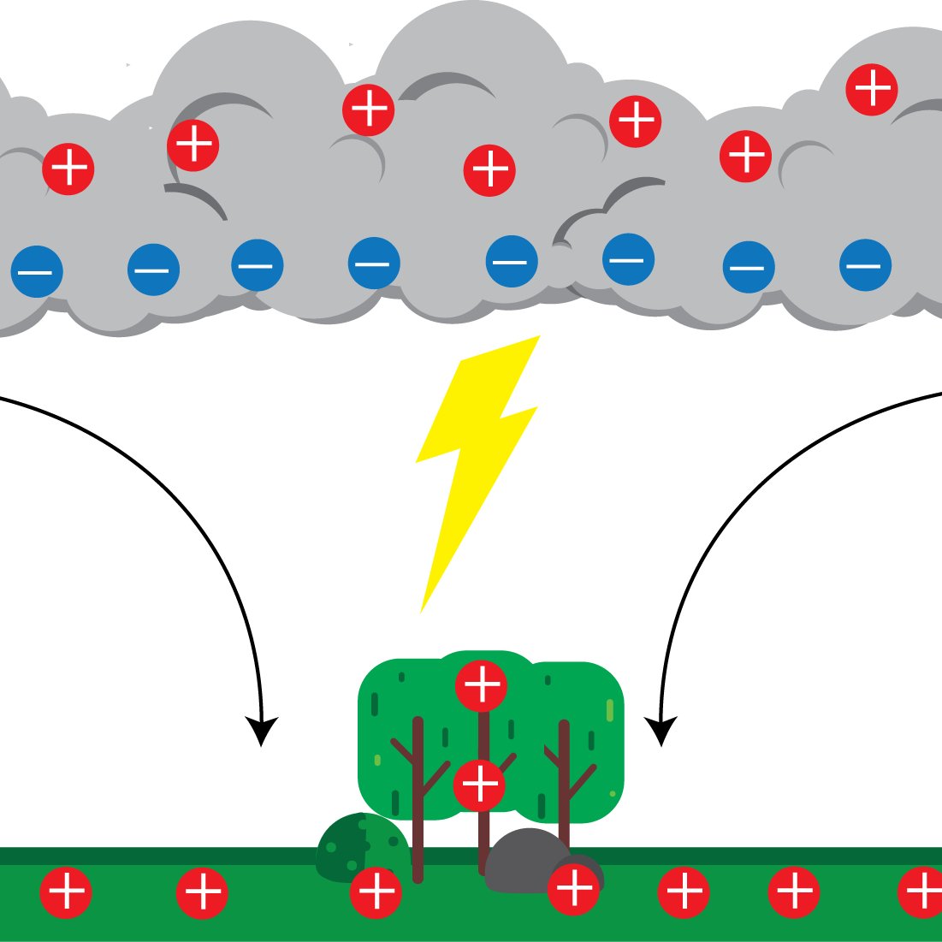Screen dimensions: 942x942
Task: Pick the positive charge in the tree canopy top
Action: [x=482, y=685]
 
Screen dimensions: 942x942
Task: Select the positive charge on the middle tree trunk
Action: [x=479, y=785]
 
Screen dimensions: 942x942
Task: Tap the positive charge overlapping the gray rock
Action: [x=574, y=889]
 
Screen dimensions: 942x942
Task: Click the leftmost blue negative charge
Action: [x=37, y=272]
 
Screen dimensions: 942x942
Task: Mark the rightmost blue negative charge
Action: [x=865, y=265]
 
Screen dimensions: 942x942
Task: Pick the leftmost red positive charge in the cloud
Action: [x=68, y=169]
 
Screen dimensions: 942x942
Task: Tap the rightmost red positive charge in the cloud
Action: [x=872, y=89]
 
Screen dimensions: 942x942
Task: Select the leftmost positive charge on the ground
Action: [x=67, y=892]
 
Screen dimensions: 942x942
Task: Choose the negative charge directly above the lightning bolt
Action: [x=512, y=261]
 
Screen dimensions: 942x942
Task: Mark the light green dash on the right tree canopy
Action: [x=610, y=710]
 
